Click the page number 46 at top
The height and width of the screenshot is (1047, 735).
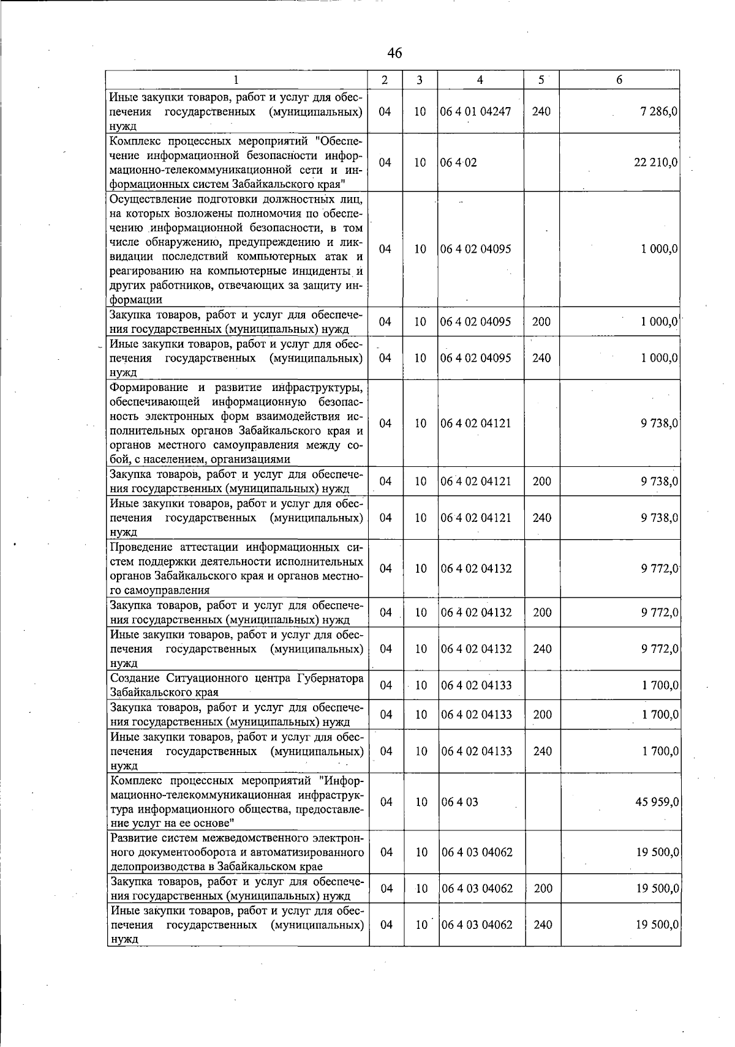pyautogui.click(x=394, y=53)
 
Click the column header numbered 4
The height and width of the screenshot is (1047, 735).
pyautogui.click(x=480, y=80)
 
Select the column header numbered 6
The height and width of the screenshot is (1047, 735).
pyautogui.click(x=619, y=80)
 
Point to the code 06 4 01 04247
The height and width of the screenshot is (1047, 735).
pyautogui.click(x=475, y=112)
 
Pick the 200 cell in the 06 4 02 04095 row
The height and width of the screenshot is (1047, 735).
pyautogui.click(x=541, y=322)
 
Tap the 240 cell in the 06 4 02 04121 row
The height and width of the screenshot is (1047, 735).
pyautogui.click(x=541, y=518)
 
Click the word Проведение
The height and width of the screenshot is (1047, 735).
pyautogui.click(x=140, y=546)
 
